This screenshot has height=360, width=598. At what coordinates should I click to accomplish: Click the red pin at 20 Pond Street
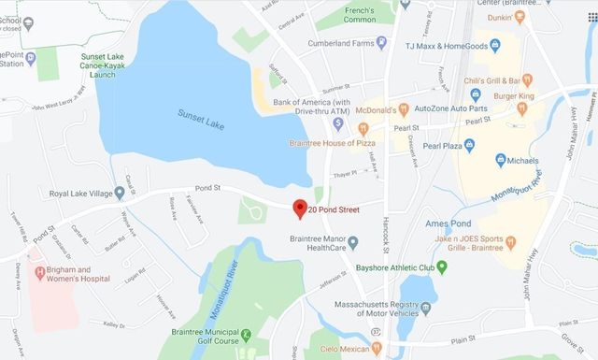click(299, 209)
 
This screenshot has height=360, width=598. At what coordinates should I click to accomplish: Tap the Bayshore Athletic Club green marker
click(442, 266)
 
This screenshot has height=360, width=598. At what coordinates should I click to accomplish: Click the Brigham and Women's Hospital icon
click(39, 273)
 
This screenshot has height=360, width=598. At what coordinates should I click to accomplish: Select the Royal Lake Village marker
click(120, 194)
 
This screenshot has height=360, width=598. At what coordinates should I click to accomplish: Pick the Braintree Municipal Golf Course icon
click(246, 334)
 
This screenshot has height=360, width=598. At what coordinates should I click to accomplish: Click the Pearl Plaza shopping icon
click(470, 145)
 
